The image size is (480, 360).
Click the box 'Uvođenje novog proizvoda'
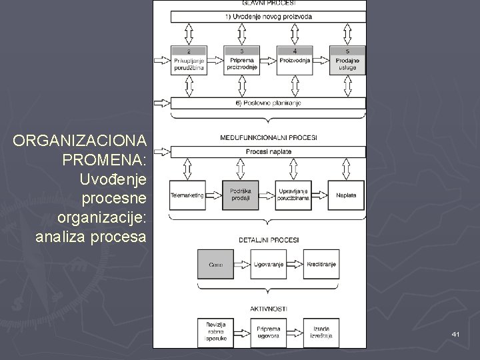(269, 16)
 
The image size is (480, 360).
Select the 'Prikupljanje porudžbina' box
(189, 60)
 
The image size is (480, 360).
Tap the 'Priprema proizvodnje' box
(241, 60)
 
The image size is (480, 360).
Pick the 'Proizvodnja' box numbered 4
(295, 60)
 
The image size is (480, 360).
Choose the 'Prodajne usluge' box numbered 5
(347, 60)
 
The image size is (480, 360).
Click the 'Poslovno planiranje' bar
(269, 103)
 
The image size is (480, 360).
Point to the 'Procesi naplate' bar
(269, 151)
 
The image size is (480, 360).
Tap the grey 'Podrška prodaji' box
(241, 195)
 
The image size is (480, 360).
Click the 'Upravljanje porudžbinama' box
(295, 195)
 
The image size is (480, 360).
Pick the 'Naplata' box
(347, 195)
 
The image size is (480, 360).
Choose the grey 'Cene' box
(215, 265)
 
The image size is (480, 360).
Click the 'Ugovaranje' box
(268, 265)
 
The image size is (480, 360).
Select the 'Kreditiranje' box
(321, 265)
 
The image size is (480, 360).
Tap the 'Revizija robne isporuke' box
(215, 332)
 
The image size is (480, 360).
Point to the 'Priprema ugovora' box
(268, 332)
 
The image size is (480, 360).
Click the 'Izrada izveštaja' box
(321, 332)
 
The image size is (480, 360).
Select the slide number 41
(455, 333)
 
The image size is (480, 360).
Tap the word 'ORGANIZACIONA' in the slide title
(83, 141)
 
